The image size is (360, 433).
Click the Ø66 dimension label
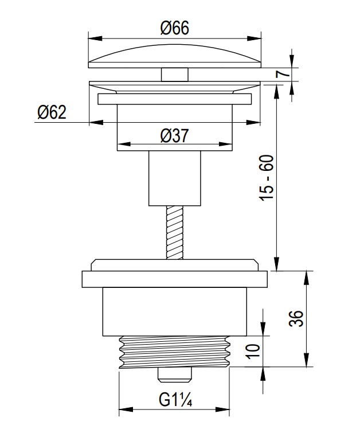coord(174,28)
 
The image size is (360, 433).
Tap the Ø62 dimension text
coord(52,112)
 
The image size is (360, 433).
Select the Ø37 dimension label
coord(174,136)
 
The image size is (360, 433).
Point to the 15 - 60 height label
coord(267,178)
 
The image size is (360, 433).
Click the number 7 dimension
coord(283,74)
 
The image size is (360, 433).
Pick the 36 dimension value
coord(296,318)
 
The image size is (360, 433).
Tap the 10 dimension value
coord(253,352)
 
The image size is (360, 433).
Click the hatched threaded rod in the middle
coord(174,232)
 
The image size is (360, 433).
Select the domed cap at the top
coord(174,56)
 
